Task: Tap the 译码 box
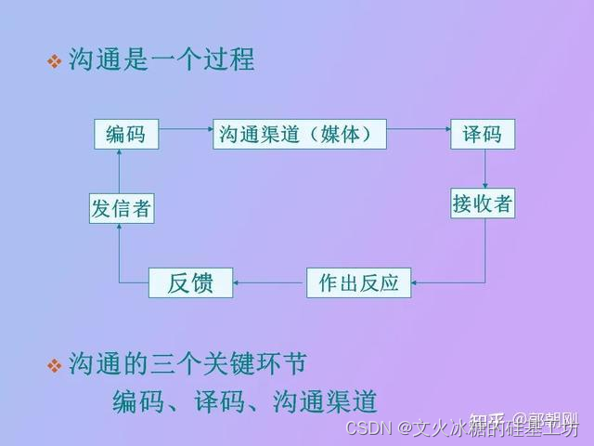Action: (483, 135)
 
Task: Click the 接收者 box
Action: (483, 203)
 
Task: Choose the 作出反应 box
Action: (358, 282)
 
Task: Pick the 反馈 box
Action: (191, 282)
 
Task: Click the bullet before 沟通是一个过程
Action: (54, 62)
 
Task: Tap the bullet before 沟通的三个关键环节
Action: (54, 365)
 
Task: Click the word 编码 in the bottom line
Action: (136, 401)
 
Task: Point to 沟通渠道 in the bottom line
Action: (325, 401)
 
